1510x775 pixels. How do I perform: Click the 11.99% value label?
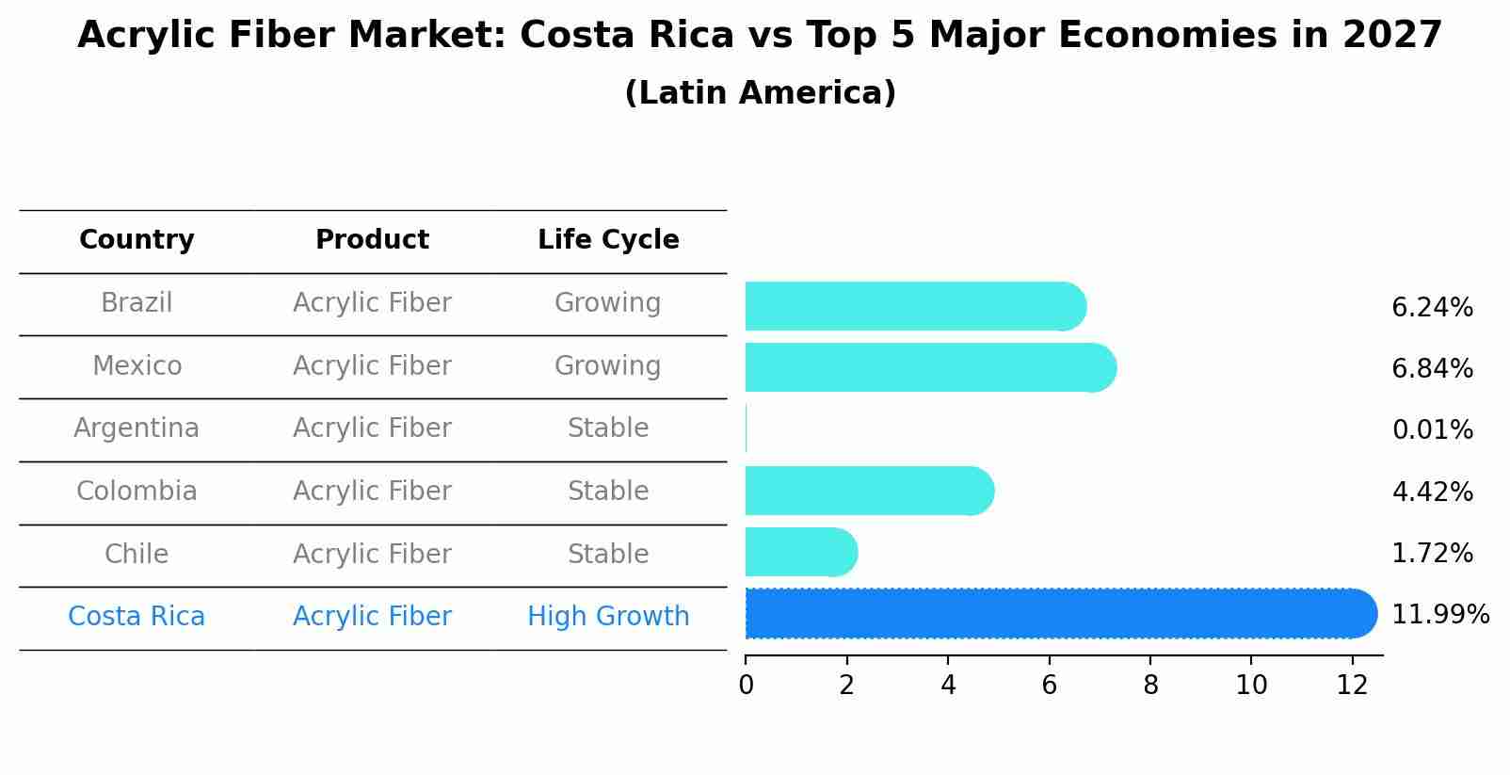[1439, 615]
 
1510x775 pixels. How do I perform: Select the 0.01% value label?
[1432, 430]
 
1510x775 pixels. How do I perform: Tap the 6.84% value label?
[1432, 368]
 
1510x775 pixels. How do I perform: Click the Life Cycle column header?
[608, 240]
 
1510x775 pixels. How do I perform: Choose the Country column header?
[137, 240]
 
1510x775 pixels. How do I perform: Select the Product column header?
[372, 240]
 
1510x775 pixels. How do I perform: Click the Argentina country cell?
[137, 428]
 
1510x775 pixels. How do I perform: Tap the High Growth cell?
[608, 617]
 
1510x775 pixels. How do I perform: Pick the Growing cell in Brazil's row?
[608, 303]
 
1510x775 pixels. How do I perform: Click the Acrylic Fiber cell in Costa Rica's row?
[372, 617]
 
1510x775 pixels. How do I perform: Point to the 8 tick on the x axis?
[1150, 686]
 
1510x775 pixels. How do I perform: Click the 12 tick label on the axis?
[1352, 686]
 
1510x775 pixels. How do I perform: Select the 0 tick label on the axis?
[746, 686]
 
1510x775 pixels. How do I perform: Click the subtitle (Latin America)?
[760, 93]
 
